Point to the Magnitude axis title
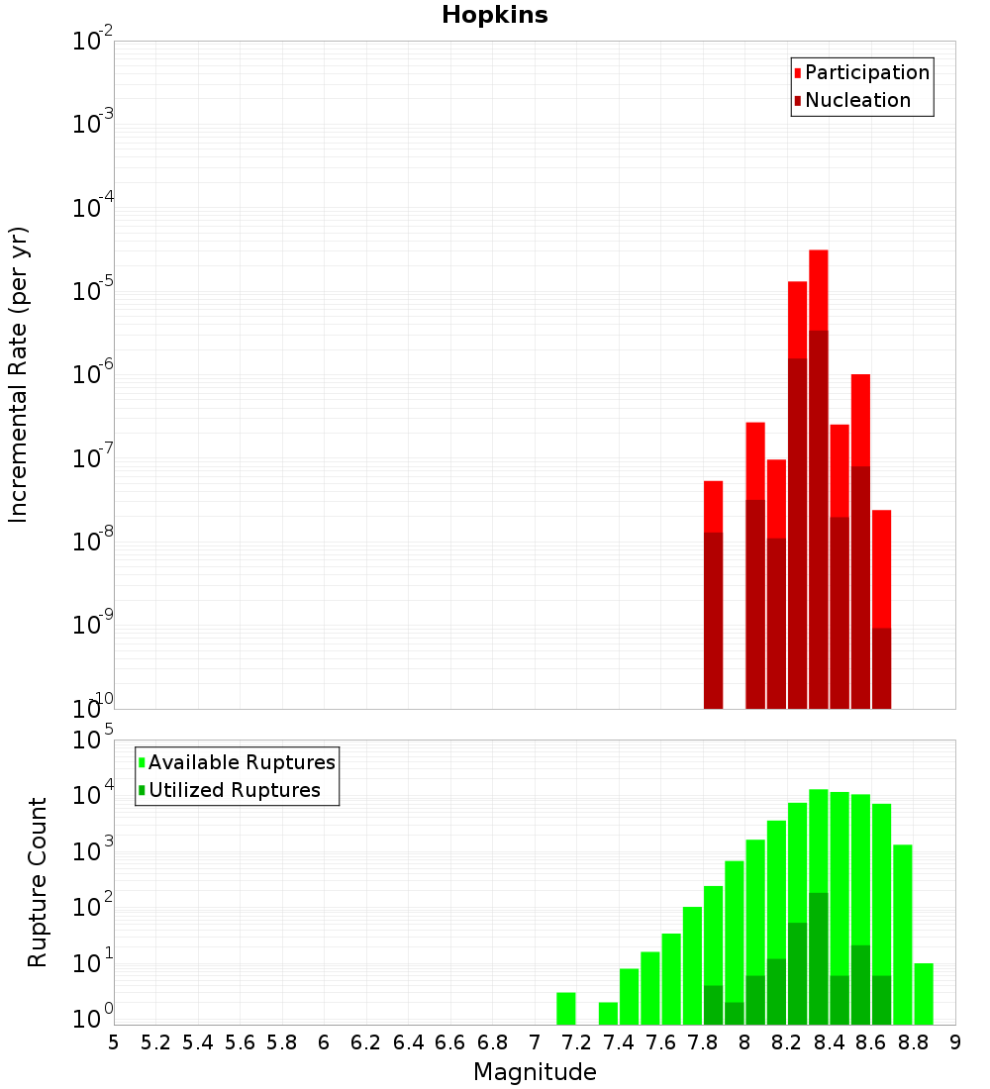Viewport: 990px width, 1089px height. [535, 1072]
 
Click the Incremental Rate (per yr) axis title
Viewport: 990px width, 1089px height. [19, 375]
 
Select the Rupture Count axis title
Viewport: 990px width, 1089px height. [38, 882]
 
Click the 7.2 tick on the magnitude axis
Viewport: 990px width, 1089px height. [576, 1041]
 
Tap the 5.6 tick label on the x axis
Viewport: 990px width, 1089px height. [240, 1041]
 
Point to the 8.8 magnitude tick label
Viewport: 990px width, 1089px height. [913, 1041]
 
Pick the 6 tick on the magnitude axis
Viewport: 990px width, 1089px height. [324, 1041]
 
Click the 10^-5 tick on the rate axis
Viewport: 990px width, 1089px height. [93, 291]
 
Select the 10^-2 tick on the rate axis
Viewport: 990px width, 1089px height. [93, 42]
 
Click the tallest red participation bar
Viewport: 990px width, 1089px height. [818, 287]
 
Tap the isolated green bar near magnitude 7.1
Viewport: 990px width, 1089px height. [566, 1009]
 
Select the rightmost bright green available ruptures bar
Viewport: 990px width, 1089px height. [924, 994]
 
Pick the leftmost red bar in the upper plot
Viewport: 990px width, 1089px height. [713, 505]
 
